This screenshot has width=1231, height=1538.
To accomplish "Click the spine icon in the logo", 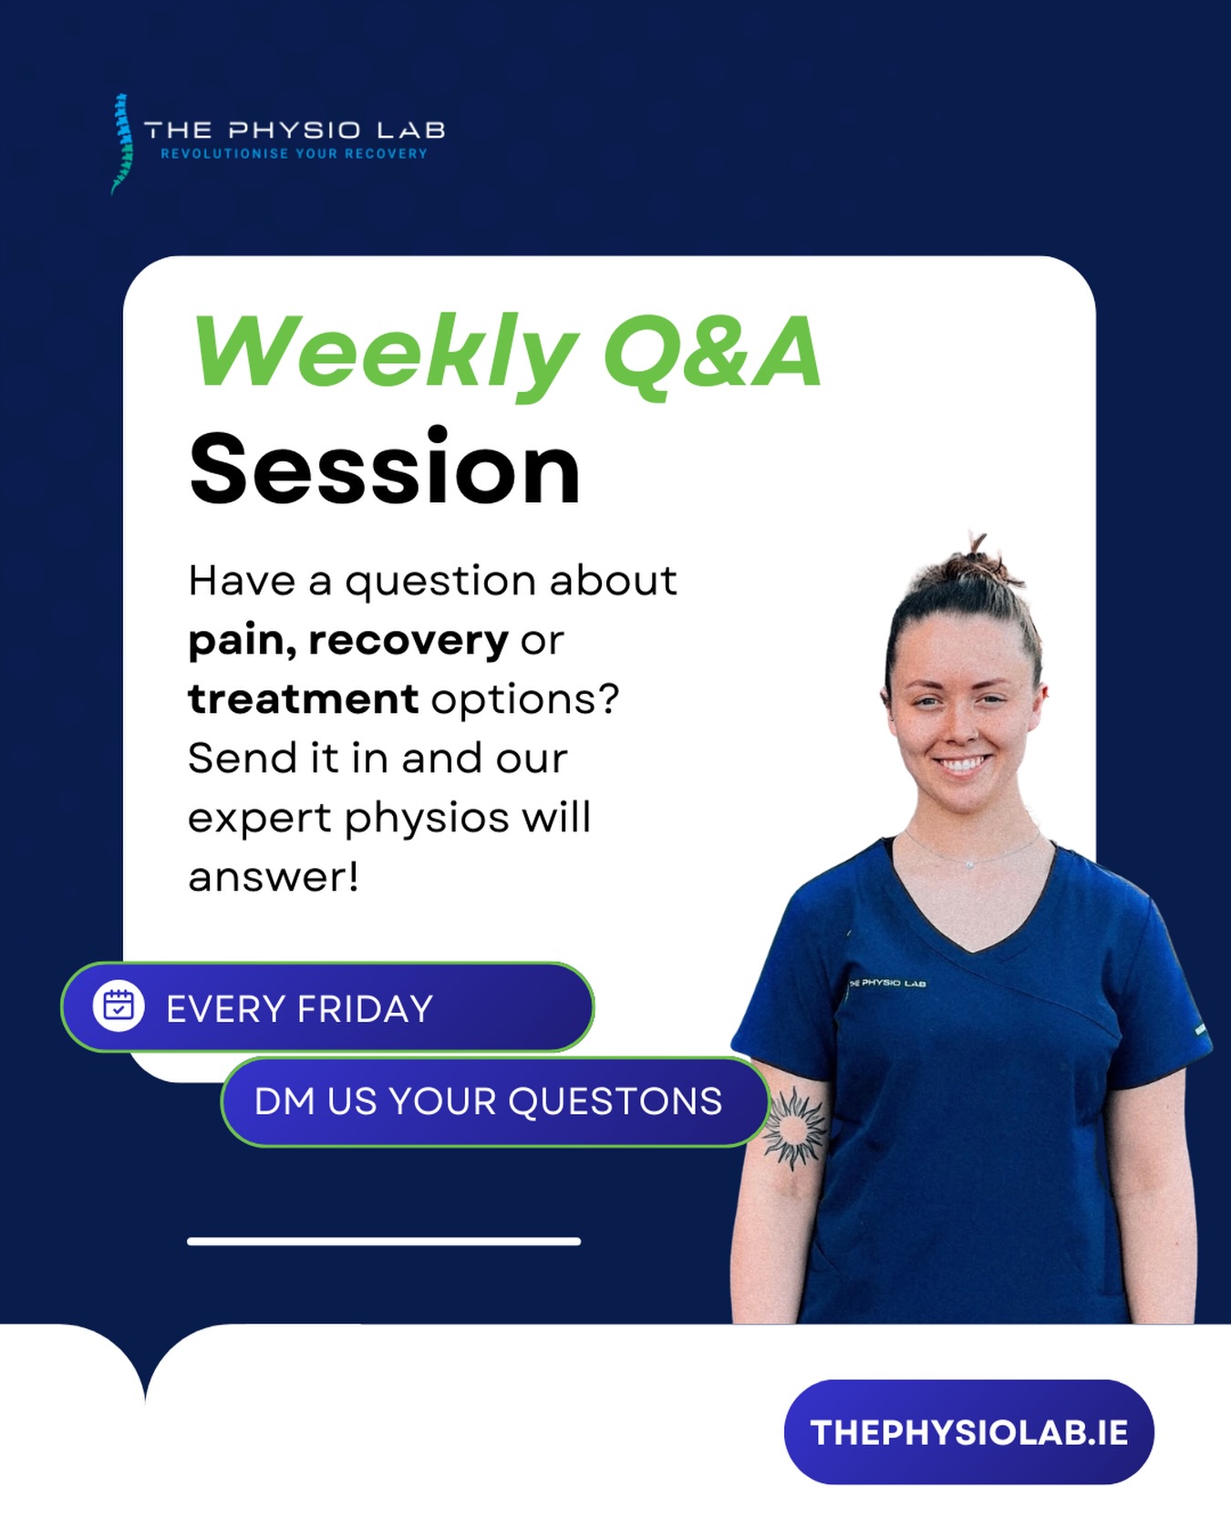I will (121, 143).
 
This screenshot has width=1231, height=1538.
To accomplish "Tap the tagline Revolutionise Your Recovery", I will (294, 154).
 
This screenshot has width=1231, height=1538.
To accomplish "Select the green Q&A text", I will (712, 354).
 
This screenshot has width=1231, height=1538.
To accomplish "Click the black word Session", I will (384, 469).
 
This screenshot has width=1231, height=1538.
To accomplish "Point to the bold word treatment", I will (303, 700).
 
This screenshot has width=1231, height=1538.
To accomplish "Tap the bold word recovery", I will (408, 640).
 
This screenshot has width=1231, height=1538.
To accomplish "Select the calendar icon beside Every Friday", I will (119, 1007).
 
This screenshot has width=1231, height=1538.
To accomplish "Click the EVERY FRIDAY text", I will (299, 1009).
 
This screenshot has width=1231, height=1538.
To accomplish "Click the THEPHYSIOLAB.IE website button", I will (968, 1432).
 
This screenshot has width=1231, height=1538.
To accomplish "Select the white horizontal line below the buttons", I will (384, 1241).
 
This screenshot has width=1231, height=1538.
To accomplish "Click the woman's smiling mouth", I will (962, 763).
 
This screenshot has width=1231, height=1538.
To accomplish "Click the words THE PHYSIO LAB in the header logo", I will (295, 130).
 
